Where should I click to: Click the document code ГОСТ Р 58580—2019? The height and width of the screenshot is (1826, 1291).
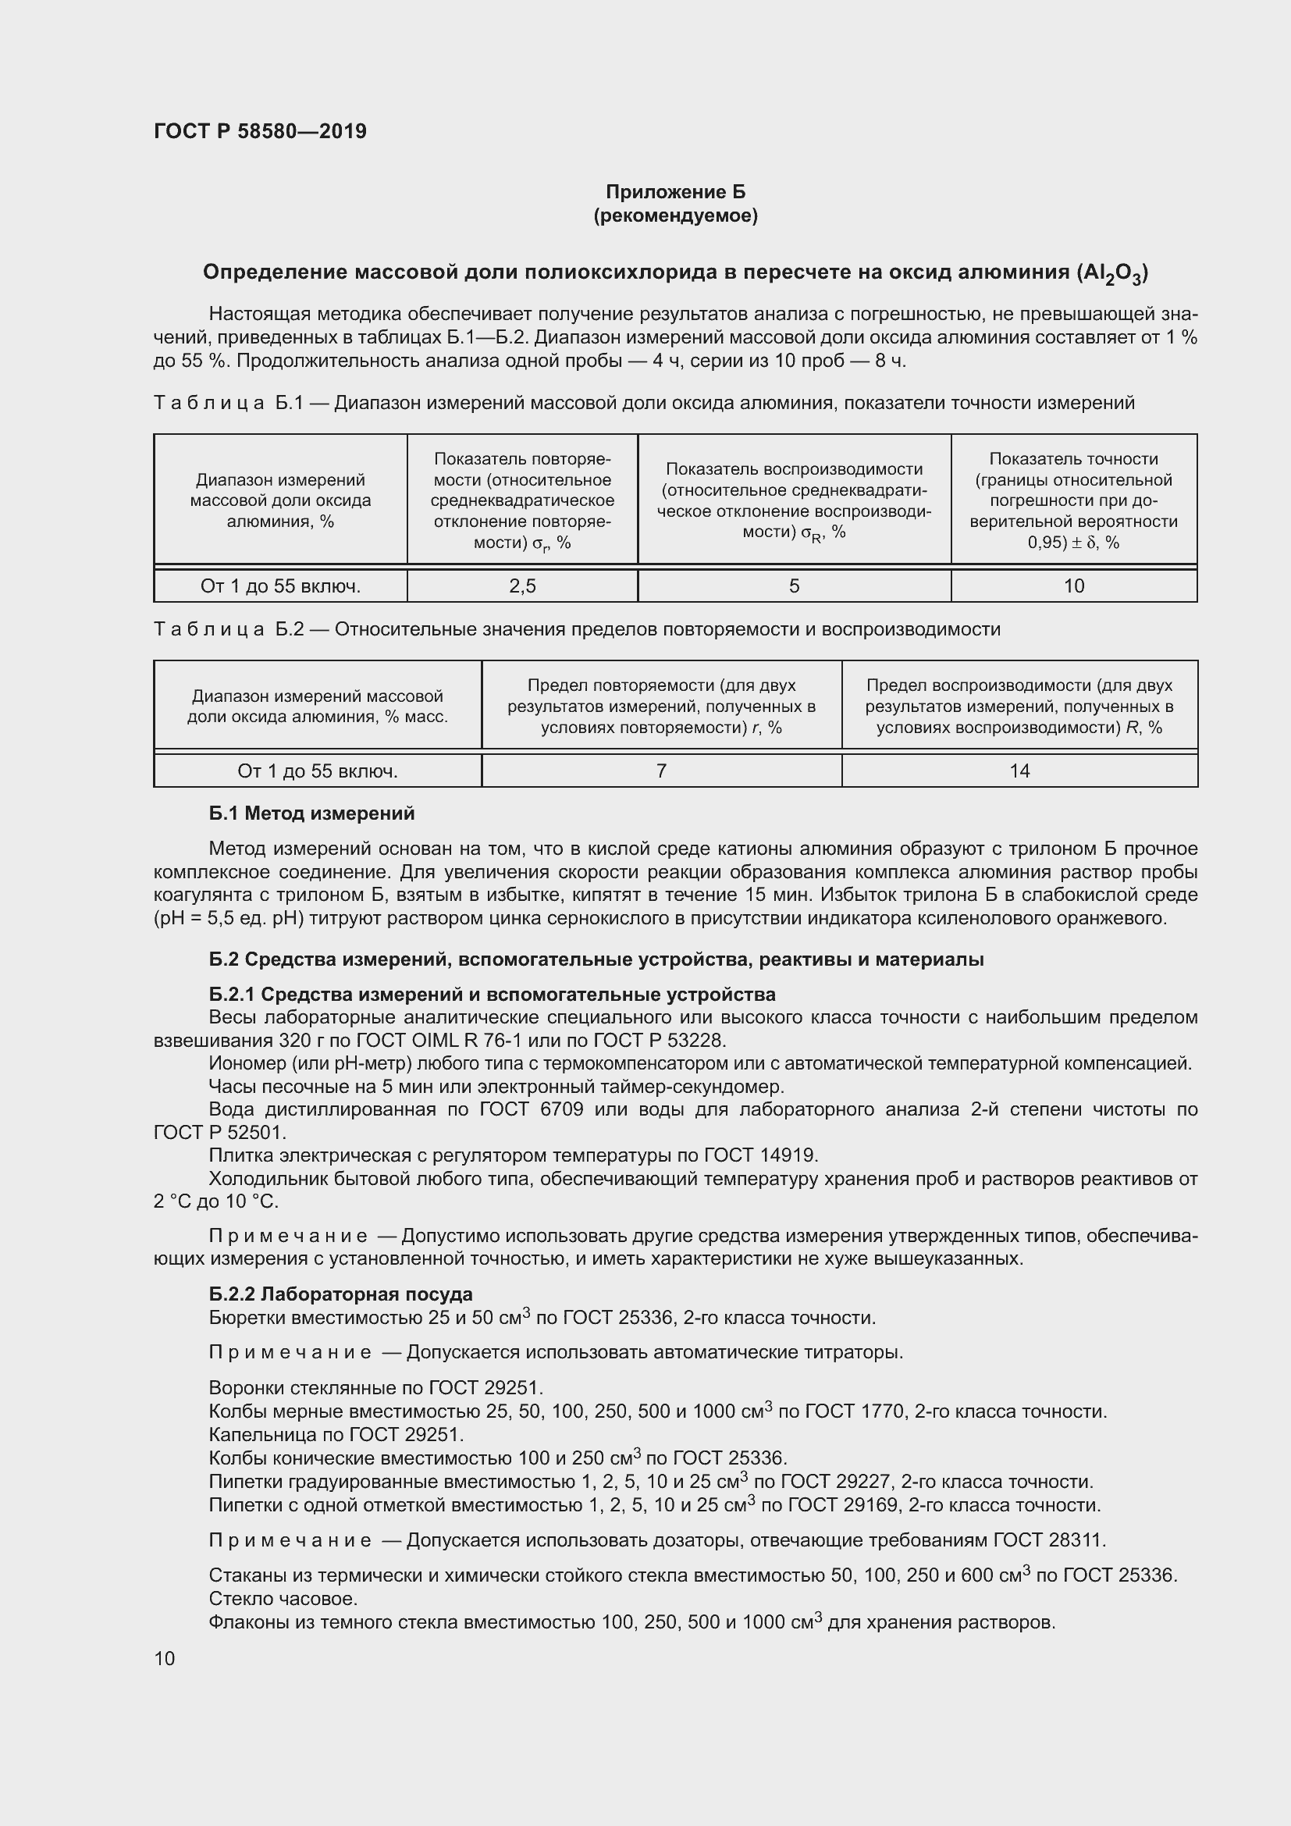point(260,131)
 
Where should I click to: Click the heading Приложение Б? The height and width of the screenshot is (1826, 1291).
point(675,192)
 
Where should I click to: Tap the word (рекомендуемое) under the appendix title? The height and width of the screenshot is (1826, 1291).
point(675,215)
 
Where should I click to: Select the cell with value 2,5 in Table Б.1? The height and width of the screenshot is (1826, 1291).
point(522,586)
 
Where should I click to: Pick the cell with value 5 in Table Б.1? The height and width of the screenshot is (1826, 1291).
point(793,586)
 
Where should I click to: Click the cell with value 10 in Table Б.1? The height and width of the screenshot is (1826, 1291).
point(1073,586)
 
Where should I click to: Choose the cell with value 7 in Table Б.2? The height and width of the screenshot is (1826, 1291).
point(660,771)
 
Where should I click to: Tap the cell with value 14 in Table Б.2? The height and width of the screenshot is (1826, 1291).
point(1019,771)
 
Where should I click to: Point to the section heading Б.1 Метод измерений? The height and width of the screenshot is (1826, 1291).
point(311,813)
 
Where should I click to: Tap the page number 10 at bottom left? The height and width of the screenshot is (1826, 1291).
point(165,1658)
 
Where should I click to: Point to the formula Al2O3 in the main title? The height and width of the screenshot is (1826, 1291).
point(1111,273)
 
